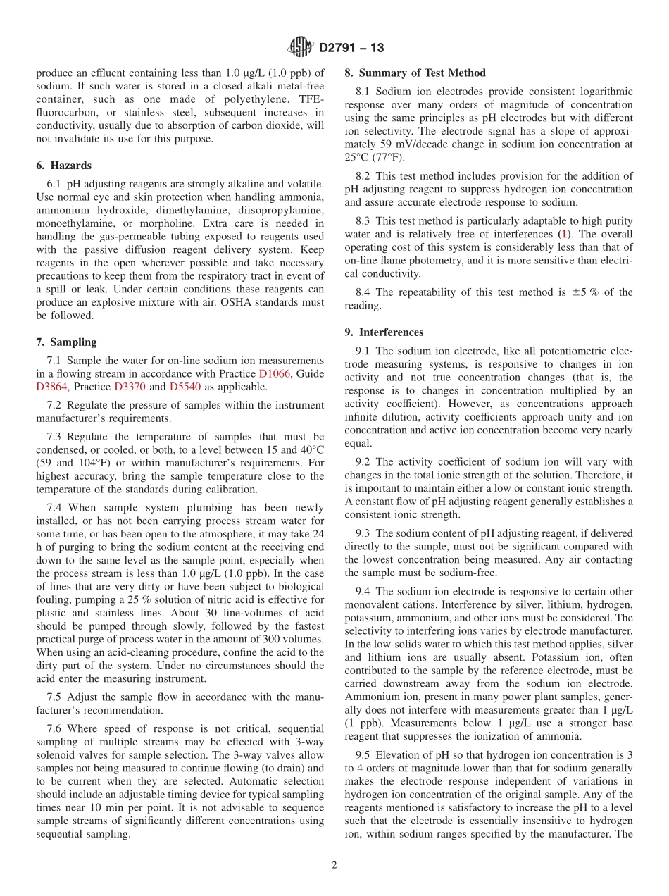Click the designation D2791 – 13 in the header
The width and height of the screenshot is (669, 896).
pos(351,49)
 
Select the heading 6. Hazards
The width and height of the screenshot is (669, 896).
pos(63,166)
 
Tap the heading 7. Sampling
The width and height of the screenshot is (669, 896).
pos(66,342)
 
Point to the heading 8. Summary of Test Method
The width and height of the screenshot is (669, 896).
pos(415,73)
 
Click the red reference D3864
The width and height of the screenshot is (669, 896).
pos(51,387)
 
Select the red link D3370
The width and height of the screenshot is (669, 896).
pos(130,387)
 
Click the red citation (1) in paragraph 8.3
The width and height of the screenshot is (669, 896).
pos(563,234)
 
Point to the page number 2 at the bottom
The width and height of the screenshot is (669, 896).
pos(334,866)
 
